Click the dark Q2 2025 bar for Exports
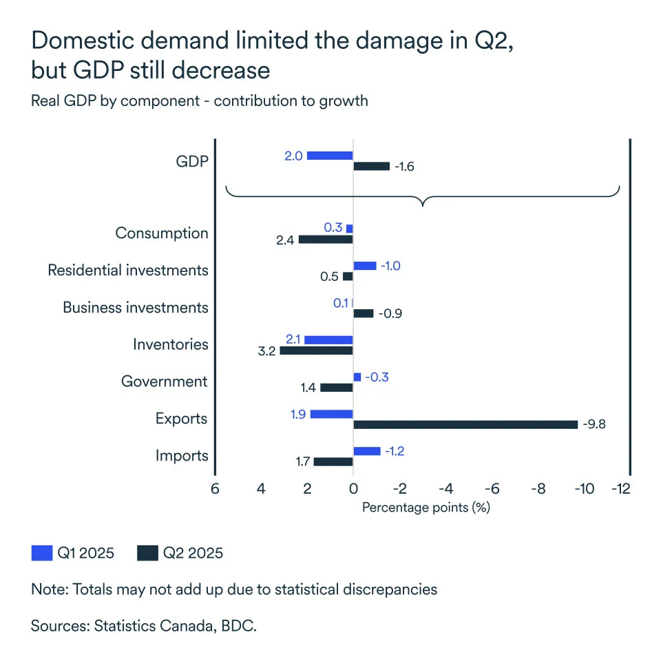click(x=465, y=424)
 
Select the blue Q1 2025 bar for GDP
click(x=330, y=156)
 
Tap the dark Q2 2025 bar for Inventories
click(x=316, y=350)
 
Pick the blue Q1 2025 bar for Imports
click(x=366, y=451)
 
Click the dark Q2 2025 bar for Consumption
click(x=326, y=239)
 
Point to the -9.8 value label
click(x=594, y=424)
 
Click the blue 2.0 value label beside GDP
click(x=293, y=156)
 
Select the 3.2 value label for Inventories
click(x=267, y=351)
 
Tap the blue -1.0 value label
click(x=390, y=266)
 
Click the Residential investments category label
click(x=127, y=271)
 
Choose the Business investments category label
click(x=135, y=308)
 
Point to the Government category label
click(x=164, y=381)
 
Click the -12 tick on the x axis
click(x=621, y=489)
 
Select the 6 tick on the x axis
click(x=215, y=489)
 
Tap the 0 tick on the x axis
click(x=353, y=489)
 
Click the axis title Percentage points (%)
click(x=425, y=507)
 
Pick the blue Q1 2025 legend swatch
click(x=42, y=553)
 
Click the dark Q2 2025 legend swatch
click(x=147, y=553)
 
